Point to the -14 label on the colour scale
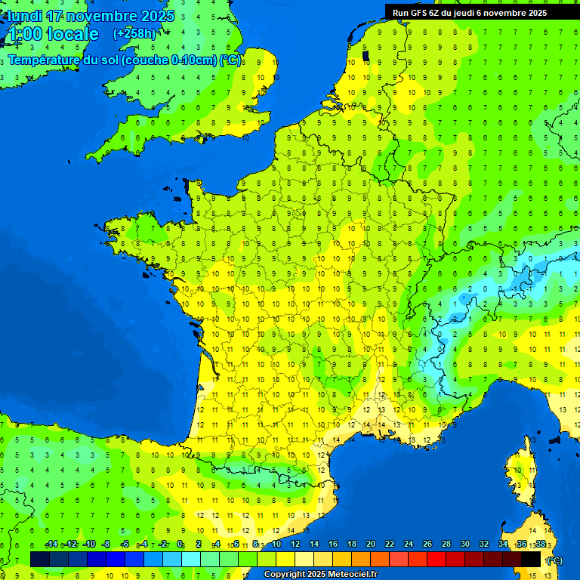[x=51, y=545]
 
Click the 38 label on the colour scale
[x=540, y=545]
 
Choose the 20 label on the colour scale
[x=371, y=545]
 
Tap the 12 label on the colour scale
[x=295, y=545]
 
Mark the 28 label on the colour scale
[x=446, y=545]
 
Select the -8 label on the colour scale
[x=107, y=545]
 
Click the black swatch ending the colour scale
[x=531, y=559]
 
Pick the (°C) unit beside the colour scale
[x=554, y=560]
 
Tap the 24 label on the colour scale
[x=409, y=545]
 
